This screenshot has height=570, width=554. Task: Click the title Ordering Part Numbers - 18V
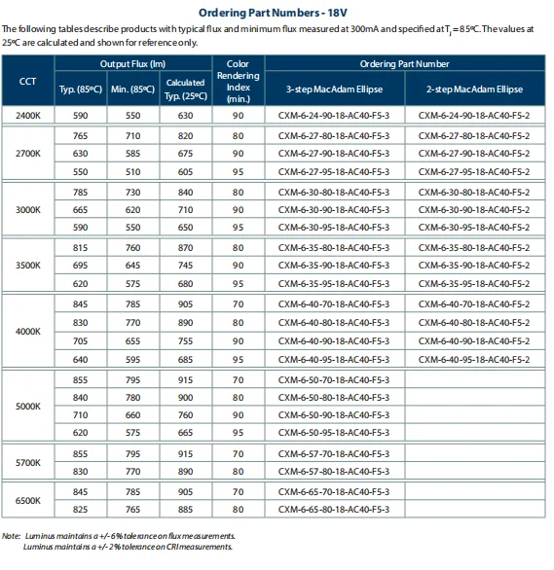tap(277, 13)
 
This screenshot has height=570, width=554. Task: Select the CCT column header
tap(29, 81)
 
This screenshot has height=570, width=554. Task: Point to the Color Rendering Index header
tap(239, 81)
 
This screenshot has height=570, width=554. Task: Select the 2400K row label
tap(29, 115)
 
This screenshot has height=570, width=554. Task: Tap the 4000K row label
tap(29, 331)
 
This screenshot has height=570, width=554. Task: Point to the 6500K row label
tap(29, 500)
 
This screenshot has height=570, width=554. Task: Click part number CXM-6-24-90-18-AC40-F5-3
tap(333, 115)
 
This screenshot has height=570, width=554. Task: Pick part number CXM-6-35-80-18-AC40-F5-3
tap(333, 247)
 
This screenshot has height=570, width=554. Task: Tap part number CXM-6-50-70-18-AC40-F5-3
tap(333, 378)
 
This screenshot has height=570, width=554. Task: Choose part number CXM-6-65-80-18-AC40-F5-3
tap(333, 509)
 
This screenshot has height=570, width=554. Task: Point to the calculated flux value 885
tap(185, 509)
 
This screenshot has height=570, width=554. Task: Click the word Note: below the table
tap(12, 535)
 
